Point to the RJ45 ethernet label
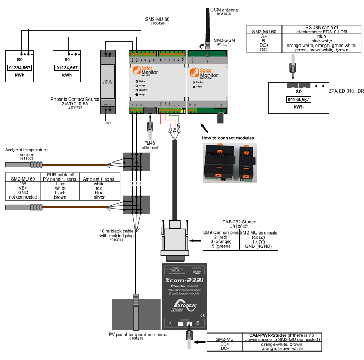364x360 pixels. click(x=150, y=146)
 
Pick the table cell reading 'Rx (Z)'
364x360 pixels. click(x=259, y=238)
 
